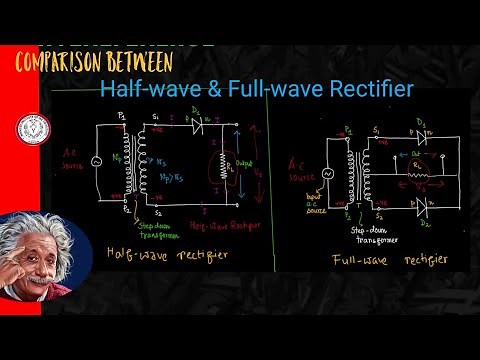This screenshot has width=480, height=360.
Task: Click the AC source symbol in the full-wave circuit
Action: coord(325,171)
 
